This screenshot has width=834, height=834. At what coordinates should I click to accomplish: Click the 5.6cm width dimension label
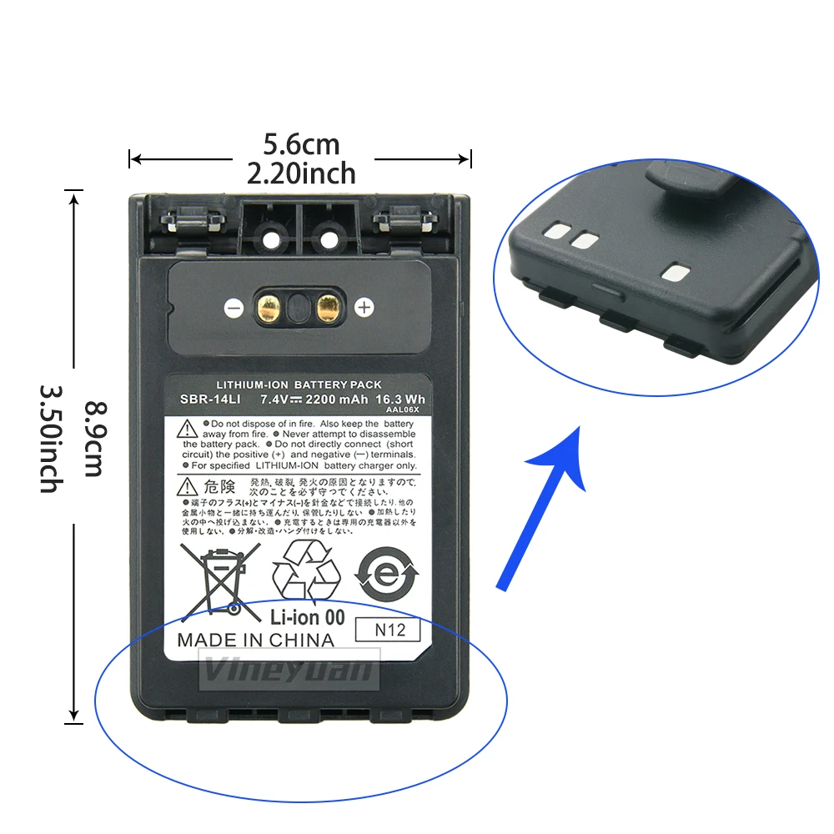pyautogui.click(x=301, y=145)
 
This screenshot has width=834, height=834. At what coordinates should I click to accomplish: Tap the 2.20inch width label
pyautogui.click(x=301, y=173)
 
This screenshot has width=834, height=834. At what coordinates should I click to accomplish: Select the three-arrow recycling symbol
pyautogui.click(x=308, y=572)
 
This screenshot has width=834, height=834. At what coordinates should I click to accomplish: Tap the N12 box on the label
pyautogui.click(x=391, y=630)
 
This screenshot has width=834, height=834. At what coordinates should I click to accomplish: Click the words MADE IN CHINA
pyautogui.click(x=255, y=641)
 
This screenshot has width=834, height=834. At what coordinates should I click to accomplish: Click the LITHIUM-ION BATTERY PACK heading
pyautogui.click(x=299, y=384)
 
